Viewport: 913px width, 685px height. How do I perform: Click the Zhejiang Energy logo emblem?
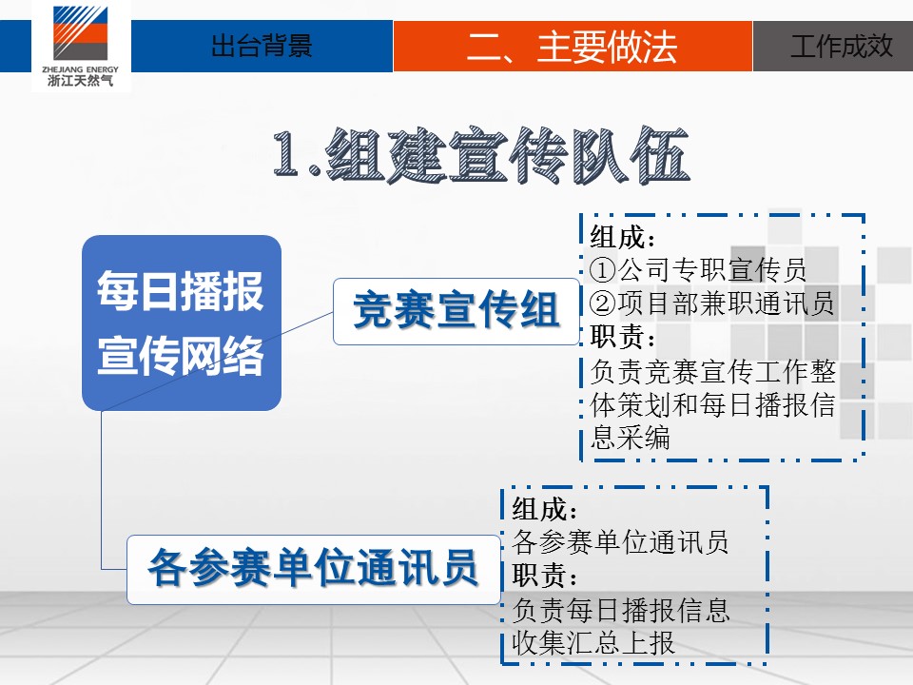pyautogui.click(x=80, y=33)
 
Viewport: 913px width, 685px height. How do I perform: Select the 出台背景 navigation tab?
pyautogui.click(x=262, y=46)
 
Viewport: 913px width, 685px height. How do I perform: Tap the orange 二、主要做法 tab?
pyautogui.click(x=573, y=46)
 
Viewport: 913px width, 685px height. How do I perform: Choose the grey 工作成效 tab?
pyautogui.click(x=833, y=46)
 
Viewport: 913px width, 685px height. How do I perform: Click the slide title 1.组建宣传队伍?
pyautogui.click(x=481, y=155)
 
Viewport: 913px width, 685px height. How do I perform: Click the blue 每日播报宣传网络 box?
pyautogui.click(x=182, y=323)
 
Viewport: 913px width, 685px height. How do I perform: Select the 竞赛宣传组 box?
pyautogui.click(x=456, y=312)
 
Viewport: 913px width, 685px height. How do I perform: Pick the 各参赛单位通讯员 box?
pyautogui.click(x=314, y=569)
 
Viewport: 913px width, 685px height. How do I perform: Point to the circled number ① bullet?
pyautogui.click(x=603, y=269)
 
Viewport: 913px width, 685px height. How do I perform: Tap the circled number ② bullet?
pyautogui.click(x=603, y=303)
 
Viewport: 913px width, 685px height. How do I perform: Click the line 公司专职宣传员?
pyautogui.click(x=712, y=269)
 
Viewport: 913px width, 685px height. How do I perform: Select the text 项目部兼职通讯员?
pyautogui.click(x=726, y=303)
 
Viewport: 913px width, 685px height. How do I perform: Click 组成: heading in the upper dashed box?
pyautogui.click(x=622, y=237)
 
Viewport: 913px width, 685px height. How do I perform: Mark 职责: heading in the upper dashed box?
pyautogui.click(x=622, y=336)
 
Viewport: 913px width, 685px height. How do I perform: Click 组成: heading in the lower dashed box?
pyautogui.click(x=544, y=509)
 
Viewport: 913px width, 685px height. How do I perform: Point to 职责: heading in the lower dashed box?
pyautogui.click(x=544, y=576)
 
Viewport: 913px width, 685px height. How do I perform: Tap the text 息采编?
pyautogui.click(x=630, y=437)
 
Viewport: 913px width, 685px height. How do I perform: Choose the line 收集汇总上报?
pyautogui.click(x=593, y=643)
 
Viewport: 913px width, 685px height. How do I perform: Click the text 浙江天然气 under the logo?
pyautogui.click(x=80, y=80)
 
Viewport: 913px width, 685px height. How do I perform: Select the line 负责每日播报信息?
pyautogui.click(x=620, y=610)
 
